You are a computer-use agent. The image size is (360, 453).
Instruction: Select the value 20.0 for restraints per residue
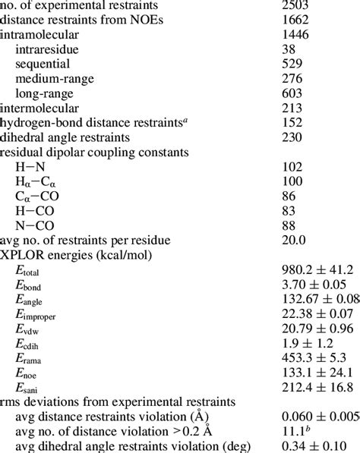tap(293, 241)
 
